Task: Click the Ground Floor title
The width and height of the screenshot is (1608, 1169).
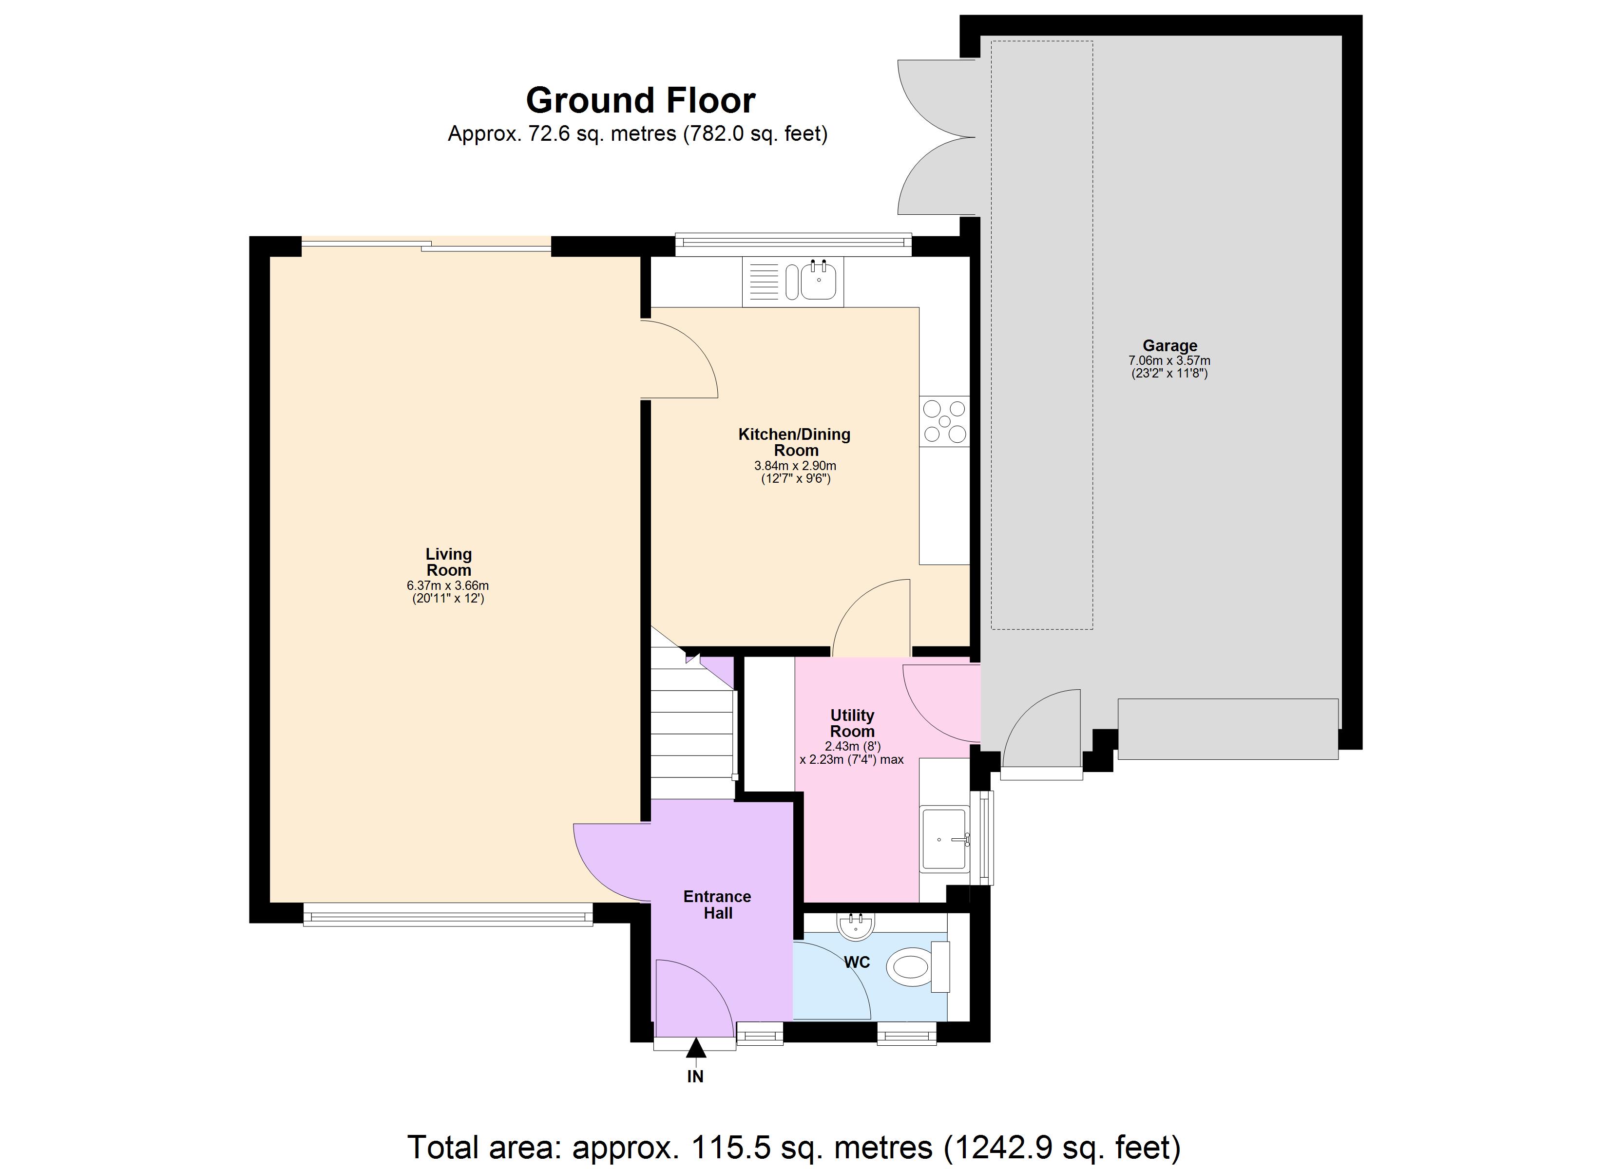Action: pyautogui.click(x=640, y=101)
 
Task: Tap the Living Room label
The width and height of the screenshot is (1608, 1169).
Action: pyautogui.click(x=448, y=562)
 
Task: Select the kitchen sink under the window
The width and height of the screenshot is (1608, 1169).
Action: pyautogui.click(x=818, y=281)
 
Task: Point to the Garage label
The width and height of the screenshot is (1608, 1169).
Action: pyautogui.click(x=1169, y=346)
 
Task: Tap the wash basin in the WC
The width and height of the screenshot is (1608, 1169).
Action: pyautogui.click(x=856, y=925)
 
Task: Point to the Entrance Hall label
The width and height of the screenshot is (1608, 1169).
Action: pyautogui.click(x=717, y=905)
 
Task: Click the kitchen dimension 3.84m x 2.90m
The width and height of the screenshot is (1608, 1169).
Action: pyautogui.click(x=795, y=466)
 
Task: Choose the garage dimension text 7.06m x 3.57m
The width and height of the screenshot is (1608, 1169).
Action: pyautogui.click(x=1169, y=361)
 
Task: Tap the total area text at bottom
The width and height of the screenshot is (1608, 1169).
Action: pyautogui.click(x=793, y=1146)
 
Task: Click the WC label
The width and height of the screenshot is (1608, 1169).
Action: pyautogui.click(x=857, y=962)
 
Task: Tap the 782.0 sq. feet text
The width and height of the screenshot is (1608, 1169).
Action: pyautogui.click(x=755, y=134)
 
